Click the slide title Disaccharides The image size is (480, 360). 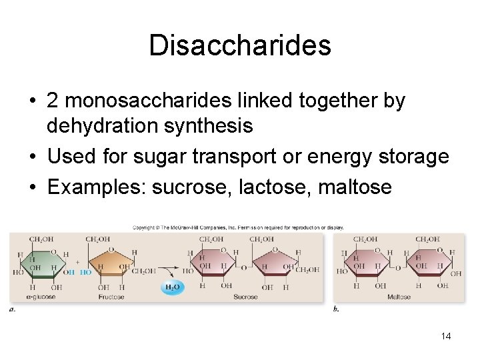click(x=240, y=45)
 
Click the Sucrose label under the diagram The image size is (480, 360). click(x=245, y=297)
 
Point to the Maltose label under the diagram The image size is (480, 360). click(x=399, y=297)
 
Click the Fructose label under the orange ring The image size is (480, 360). click(x=111, y=297)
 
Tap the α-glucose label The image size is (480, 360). click(x=41, y=297)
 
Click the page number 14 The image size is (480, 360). click(x=446, y=336)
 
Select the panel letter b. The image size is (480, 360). click(x=335, y=309)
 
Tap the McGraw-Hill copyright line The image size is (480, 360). click(x=238, y=227)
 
